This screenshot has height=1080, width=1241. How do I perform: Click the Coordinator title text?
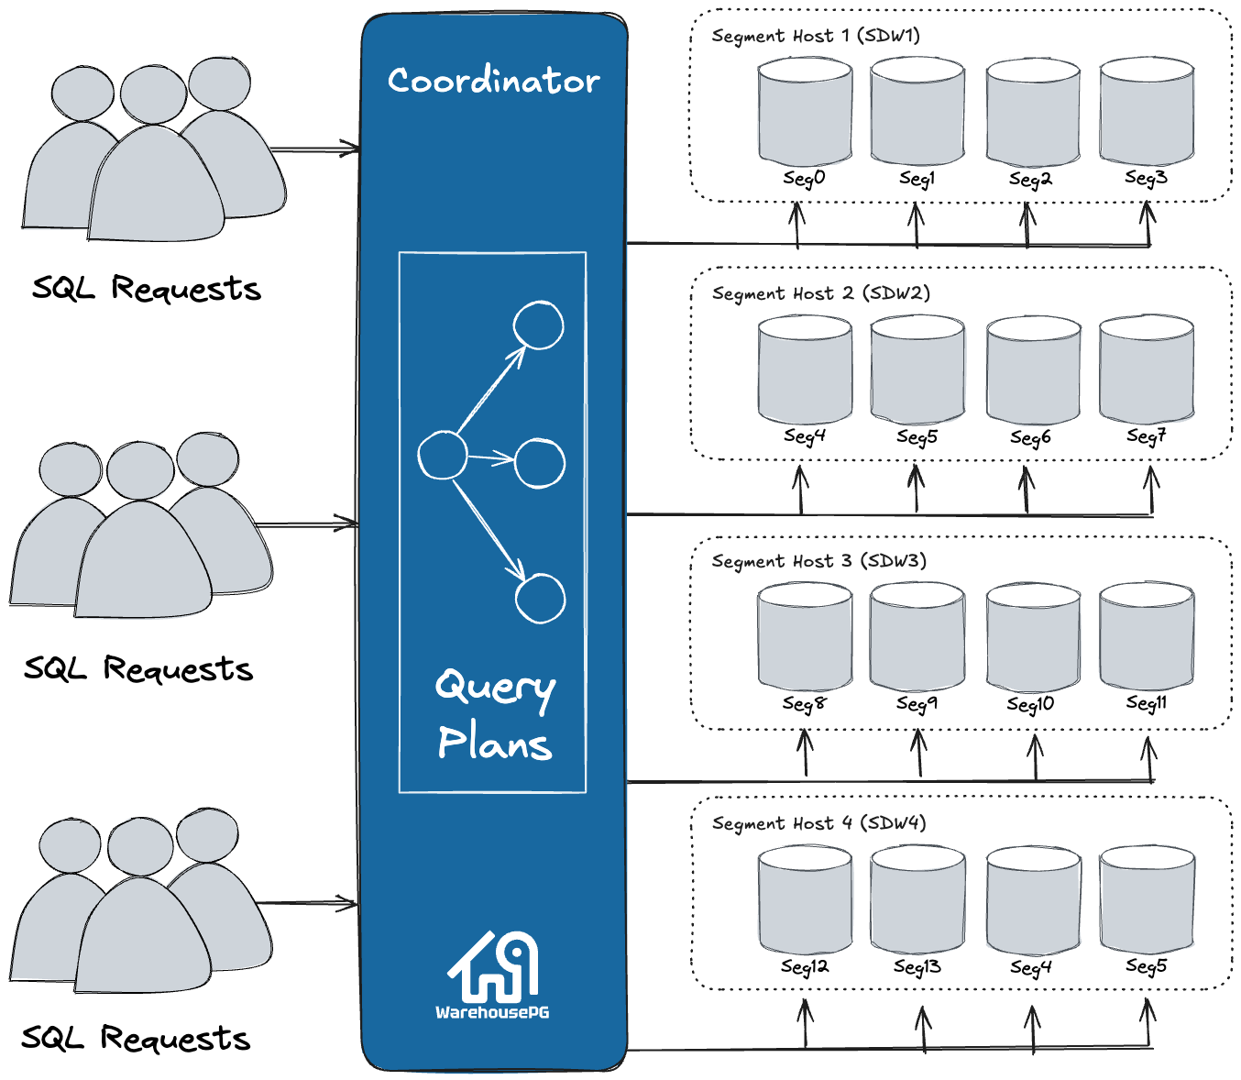click(493, 81)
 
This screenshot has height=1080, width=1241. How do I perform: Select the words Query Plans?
click(495, 715)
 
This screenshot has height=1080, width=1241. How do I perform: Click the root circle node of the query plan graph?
click(443, 455)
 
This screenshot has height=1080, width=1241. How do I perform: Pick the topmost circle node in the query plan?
click(538, 325)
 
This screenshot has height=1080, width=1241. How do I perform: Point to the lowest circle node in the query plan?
click(540, 598)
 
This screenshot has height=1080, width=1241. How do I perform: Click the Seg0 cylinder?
click(805, 112)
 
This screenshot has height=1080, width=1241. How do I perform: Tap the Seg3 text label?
click(1146, 178)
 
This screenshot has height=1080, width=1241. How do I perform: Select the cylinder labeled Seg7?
click(1146, 369)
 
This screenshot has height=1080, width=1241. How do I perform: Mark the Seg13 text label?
click(917, 966)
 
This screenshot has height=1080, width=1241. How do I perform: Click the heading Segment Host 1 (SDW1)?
click(816, 36)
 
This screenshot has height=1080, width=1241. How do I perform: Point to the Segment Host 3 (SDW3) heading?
click(818, 560)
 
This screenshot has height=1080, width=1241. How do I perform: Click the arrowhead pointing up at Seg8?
click(805, 738)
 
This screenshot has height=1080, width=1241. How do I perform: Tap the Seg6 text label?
click(1030, 437)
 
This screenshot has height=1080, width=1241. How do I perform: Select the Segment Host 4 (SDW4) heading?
click(818, 822)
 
